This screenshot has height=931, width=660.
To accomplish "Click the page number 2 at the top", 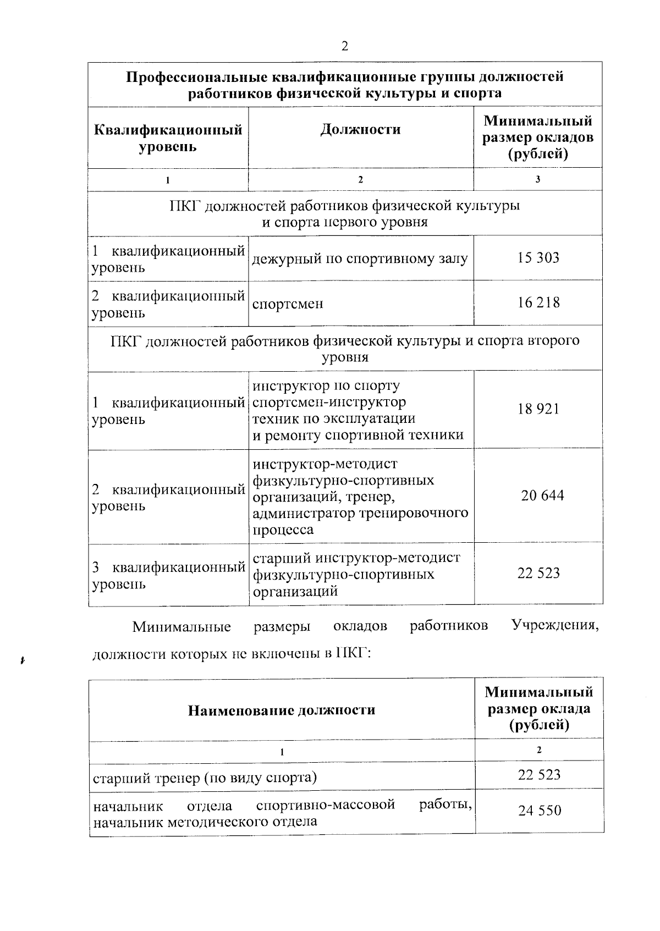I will pyautogui.click(x=345, y=47).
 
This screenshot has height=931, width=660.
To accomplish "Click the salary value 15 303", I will pyautogui.click(x=538, y=257).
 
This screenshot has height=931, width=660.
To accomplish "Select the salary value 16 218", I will pyautogui.click(x=538, y=302).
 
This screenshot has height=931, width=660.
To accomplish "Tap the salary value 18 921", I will pyautogui.click(x=538, y=409).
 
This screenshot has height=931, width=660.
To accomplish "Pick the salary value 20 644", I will pyautogui.click(x=542, y=495).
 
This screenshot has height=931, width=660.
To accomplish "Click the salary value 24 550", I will pyautogui.click(x=540, y=811).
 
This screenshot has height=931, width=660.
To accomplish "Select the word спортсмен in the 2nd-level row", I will pyautogui.click(x=288, y=304).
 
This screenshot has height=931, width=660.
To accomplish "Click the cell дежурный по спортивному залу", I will pyautogui.click(x=360, y=258).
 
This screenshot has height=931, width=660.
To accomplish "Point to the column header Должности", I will pyautogui.click(x=360, y=130).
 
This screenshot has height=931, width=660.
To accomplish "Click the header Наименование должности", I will pyautogui.click(x=282, y=710).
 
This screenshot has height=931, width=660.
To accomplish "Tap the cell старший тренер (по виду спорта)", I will pyautogui.click(x=205, y=778).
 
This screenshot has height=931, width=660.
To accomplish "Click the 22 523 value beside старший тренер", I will pyautogui.click(x=539, y=775).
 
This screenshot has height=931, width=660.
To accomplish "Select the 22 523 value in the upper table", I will pyautogui.click(x=538, y=573).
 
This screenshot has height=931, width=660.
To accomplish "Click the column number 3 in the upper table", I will pyautogui.click(x=537, y=179).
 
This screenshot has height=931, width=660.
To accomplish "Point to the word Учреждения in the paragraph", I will pyautogui.click(x=554, y=626).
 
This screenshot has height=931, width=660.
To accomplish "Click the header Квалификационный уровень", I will pyautogui.click(x=168, y=139).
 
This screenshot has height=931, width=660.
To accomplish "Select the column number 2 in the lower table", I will pyautogui.click(x=539, y=750).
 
